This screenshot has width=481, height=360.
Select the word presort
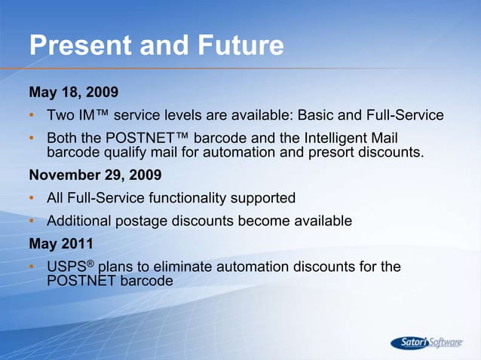(340, 154)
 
